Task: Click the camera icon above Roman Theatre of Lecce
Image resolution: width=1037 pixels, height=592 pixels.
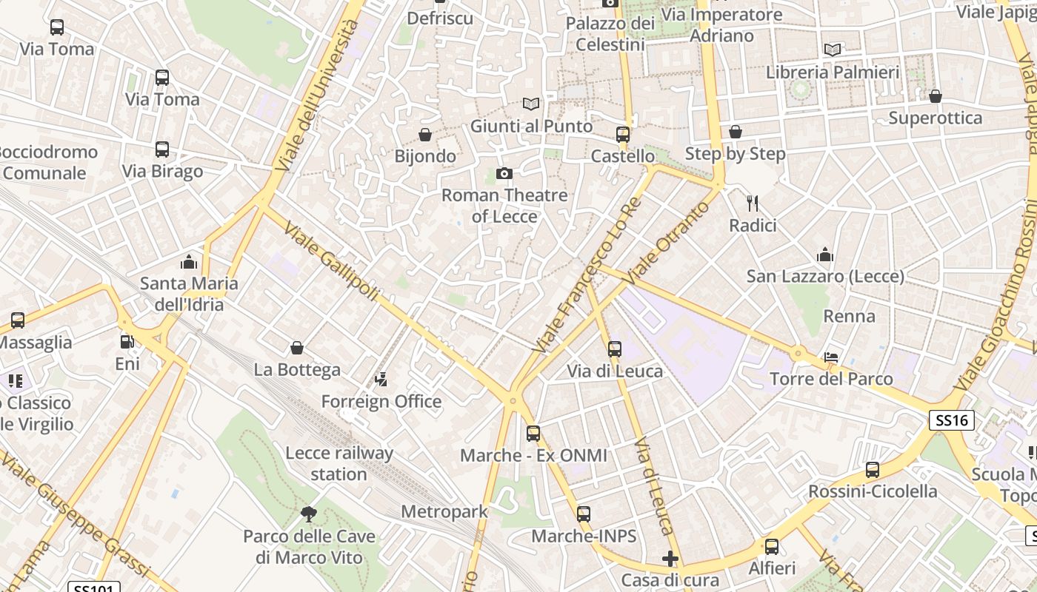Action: [504, 174]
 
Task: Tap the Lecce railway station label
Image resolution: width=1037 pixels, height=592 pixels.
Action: [339, 463]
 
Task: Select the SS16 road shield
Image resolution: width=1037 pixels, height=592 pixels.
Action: [952, 421]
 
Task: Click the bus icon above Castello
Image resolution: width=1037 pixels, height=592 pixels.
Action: [623, 135]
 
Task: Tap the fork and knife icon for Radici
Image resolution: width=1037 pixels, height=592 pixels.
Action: [753, 203]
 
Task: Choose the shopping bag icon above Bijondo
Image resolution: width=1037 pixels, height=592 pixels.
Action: [425, 135]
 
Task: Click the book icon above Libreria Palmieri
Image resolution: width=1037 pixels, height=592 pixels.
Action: [833, 50]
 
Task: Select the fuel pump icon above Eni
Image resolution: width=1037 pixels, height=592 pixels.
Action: [127, 342]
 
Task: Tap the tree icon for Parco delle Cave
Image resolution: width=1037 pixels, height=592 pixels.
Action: [309, 514]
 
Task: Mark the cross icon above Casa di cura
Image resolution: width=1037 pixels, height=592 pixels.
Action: [670, 558]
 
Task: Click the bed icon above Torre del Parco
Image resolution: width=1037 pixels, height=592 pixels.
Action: [831, 357]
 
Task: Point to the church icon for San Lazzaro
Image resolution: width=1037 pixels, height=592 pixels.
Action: [825, 255]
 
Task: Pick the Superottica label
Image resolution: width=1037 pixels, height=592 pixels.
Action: [935, 118]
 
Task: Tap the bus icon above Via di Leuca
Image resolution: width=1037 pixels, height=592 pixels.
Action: [615, 349]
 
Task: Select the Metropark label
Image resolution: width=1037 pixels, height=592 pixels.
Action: [444, 511]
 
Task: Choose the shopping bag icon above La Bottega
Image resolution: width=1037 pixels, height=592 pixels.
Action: [297, 348]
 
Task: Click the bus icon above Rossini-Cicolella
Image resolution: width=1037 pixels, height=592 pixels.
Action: [873, 470]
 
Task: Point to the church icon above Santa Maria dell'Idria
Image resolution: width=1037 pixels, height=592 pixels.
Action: [189, 262]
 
